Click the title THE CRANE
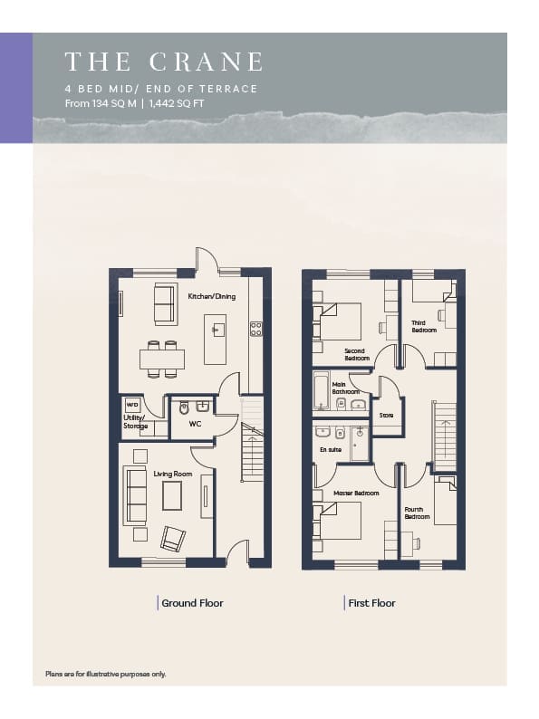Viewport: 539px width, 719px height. coord(164,62)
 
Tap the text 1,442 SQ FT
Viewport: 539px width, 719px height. coord(177,103)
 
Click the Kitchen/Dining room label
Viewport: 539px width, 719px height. coord(212,296)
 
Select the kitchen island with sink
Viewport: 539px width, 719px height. coord(215,339)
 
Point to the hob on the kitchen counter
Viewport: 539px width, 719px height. coord(256,329)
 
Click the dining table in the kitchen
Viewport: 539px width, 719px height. coord(162,359)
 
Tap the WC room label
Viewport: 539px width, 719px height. coord(195,424)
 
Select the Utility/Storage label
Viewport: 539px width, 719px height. coord(135,422)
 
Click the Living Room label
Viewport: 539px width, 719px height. coord(173,474)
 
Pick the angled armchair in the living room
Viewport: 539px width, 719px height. coord(173,539)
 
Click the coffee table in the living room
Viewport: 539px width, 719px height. coord(172,495)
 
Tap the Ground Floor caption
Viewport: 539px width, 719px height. coord(192,603)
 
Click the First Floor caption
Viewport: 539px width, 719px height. coord(371,603)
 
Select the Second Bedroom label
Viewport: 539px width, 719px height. coord(356,354)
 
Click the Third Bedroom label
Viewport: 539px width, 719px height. coord(424,327)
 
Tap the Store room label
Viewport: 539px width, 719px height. coord(386,415)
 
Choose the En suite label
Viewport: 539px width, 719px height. coord(331,450)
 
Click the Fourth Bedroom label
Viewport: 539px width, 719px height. coord(417,513)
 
